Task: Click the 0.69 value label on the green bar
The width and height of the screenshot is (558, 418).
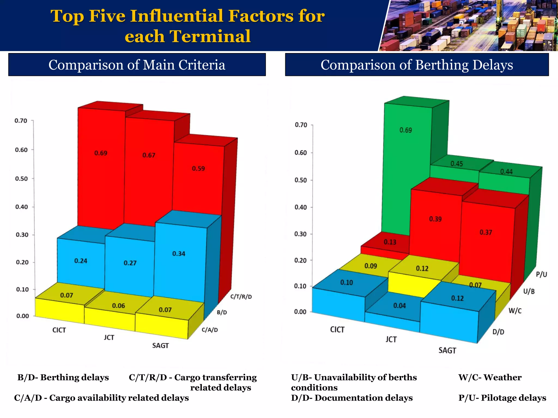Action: click(x=406, y=130)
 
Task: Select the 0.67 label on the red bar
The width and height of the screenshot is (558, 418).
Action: click(x=149, y=155)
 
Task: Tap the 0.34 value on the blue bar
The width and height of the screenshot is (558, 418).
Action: click(x=179, y=254)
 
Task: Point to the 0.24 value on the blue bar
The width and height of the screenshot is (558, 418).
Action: click(x=81, y=261)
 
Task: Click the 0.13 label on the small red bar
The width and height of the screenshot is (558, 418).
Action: click(x=390, y=242)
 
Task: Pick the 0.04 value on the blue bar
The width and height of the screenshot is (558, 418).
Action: click(x=399, y=306)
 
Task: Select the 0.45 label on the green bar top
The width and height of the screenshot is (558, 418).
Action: click(x=457, y=164)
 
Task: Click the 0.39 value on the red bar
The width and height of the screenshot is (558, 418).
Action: click(x=435, y=219)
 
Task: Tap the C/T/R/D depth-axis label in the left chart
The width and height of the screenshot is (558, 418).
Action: click(x=241, y=297)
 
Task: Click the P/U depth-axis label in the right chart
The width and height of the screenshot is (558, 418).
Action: click(x=541, y=274)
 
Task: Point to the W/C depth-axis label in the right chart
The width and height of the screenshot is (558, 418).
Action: click(x=515, y=311)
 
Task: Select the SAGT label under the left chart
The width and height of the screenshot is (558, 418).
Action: click(x=160, y=346)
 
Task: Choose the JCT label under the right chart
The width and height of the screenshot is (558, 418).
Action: click(x=391, y=339)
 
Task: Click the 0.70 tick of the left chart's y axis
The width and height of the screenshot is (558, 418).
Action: click(x=21, y=121)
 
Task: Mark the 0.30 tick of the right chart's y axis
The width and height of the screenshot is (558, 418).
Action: click(x=301, y=234)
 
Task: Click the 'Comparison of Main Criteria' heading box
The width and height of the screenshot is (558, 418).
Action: click(x=137, y=65)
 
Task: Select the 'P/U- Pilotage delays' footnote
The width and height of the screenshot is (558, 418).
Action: click(x=502, y=398)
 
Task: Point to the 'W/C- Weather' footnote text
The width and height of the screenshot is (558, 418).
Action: click(x=490, y=377)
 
